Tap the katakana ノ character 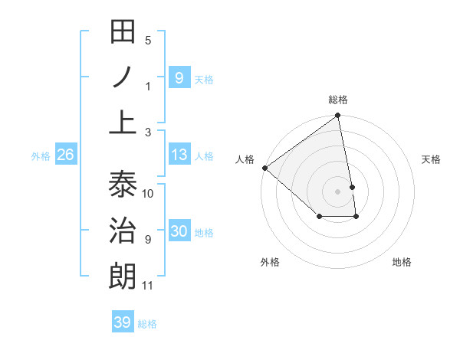pyautogui.click(x=123, y=77)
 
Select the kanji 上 pyautogui.click(x=123, y=123)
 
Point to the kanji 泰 pyautogui.click(x=123, y=184)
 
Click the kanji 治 pyautogui.click(x=123, y=231)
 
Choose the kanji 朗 pyautogui.click(x=123, y=277)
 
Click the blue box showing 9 pyautogui.click(x=179, y=77)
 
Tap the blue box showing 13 pyautogui.click(x=179, y=155)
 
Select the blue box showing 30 pyautogui.click(x=179, y=231)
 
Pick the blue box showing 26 pyautogui.click(x=65, y=155)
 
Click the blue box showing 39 pyautogui.click(x=122, y=322)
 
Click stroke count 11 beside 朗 pyautogui.click(x=148, y=286)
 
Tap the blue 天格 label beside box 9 pyautogui.click(x=204, y=79)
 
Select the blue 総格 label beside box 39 pyautogui.click(x=147, y=324)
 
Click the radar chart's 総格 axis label pyautogui.click(x=338, y=100)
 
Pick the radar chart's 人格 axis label pyautogui.click(x=245, y=159)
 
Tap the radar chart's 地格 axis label pyautogui.click(x=402, y=262)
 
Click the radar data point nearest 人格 pyautogui.click(x=264, y=168)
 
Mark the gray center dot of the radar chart pyautogui.click(x=338, y=191)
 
